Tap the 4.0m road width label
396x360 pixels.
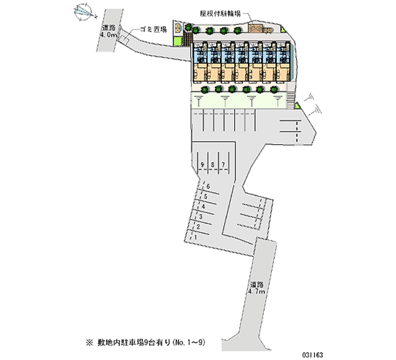coord(108,36)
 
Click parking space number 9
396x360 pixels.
coord(202,164)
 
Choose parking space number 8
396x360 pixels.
coord(213,164)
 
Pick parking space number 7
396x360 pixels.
coord(223,164)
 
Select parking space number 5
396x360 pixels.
coord(205,197)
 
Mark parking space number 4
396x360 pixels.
coord(203,206)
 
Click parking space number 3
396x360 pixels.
coord(200,217)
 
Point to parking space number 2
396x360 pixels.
coord(198,227)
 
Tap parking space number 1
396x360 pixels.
coord(196,237)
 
